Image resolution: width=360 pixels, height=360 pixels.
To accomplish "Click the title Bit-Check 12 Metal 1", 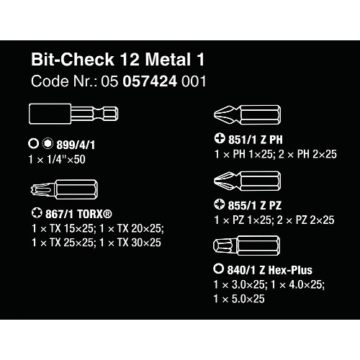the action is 117,59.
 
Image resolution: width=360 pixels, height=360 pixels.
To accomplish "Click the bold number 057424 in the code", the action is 150,81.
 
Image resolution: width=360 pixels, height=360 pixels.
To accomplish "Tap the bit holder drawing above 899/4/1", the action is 73,114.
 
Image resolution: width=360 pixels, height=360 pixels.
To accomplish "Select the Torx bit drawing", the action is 64,189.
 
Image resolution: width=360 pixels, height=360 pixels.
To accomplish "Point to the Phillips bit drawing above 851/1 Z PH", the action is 247,114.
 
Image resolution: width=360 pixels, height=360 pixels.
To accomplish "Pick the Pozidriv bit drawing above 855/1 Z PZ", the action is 247,181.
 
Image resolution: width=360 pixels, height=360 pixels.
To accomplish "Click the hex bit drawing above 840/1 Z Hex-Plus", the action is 247,246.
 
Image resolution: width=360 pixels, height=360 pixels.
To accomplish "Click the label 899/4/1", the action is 76,145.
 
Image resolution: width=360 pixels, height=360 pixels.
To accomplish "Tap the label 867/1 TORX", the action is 78,214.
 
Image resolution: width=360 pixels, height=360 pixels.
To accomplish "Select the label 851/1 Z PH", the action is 256,140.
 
